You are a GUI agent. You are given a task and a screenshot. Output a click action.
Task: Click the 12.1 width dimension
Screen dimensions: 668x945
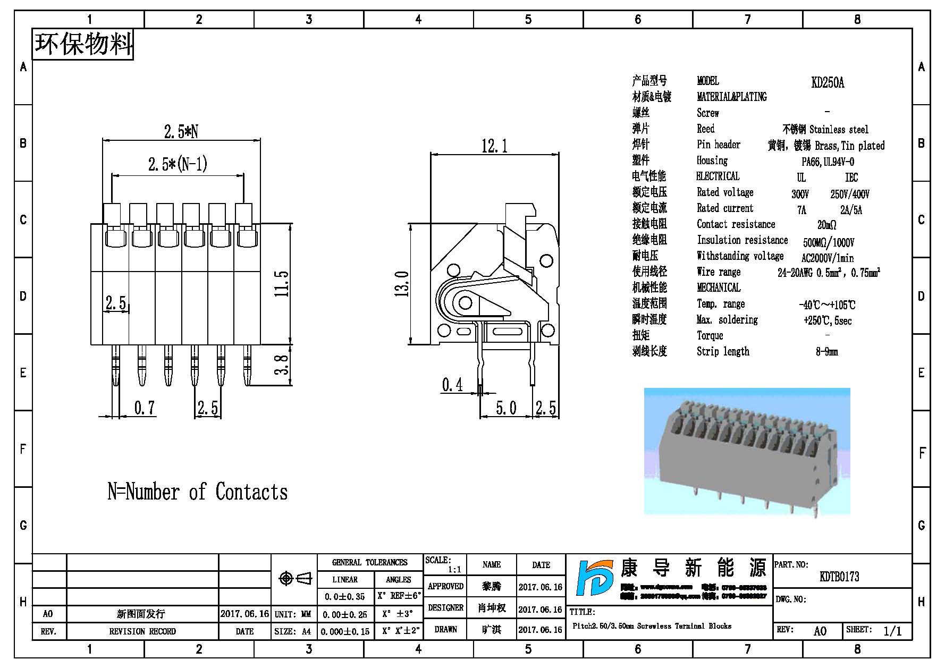coord(494,146)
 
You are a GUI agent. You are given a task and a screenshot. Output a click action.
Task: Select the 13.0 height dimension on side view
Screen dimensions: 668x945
coord(402,283)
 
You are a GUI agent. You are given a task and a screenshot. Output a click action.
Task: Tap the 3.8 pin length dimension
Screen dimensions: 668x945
coord(282,365)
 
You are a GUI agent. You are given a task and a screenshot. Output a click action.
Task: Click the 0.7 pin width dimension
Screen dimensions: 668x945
coord(144,408)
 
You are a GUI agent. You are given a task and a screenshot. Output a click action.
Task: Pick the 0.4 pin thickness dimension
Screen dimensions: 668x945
coord(452,385)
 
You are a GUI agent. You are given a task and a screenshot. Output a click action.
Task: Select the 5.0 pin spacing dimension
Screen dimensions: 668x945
coord(505,408)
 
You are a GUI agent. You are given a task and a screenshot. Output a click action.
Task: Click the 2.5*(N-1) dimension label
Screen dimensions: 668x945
coord(178,164)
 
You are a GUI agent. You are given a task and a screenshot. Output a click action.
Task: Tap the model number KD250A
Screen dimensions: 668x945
coord(828,82)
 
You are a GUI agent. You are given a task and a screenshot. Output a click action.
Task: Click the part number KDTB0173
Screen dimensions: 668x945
coord(839,577)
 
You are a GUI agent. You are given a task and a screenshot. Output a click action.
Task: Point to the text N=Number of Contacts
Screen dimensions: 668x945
coord(197,492)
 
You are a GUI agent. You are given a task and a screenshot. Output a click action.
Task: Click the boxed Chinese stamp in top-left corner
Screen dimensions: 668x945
coord(83,44)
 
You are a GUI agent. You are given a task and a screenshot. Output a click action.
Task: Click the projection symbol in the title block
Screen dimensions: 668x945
coord(295,578)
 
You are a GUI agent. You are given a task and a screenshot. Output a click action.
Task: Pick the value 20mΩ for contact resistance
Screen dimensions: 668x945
coord(826,225)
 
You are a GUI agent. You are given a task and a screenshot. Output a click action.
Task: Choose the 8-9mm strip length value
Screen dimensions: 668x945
coord(826,352)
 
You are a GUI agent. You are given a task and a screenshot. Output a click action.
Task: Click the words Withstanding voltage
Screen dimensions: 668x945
coord(740,256)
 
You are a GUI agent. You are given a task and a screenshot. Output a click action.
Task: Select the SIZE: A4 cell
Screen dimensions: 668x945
coord(293,632)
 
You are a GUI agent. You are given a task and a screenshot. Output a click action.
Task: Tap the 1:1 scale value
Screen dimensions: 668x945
coord(454,570)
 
